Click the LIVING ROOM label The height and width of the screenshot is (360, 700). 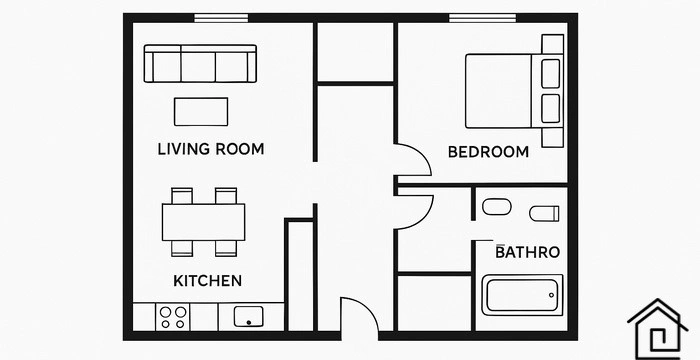point(211,149)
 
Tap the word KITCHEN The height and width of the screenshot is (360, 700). point(208,281)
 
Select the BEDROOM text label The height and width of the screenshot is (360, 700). point(488,152)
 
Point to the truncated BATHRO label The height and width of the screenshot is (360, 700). point(528,252)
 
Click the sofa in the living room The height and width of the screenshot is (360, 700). point(200,63)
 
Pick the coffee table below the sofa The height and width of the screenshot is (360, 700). point(201,112)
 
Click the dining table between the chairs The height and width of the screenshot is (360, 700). point(204,222)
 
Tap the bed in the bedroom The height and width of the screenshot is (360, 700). point(514,91)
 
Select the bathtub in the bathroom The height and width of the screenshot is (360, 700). point(522,295)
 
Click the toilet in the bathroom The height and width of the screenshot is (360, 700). point(544,213)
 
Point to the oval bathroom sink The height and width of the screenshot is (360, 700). point(496,206)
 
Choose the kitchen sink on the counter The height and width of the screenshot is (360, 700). point(249,316)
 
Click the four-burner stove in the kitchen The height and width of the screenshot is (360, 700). point(173,317)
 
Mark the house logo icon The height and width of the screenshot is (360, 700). point(658,329)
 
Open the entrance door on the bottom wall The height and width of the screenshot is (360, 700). point(360,314)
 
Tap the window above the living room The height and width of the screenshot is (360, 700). point(221,18)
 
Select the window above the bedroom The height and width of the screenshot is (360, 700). point(482,18)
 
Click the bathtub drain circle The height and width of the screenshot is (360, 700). point(551,295)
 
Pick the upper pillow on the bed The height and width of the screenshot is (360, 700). point(550,73)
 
